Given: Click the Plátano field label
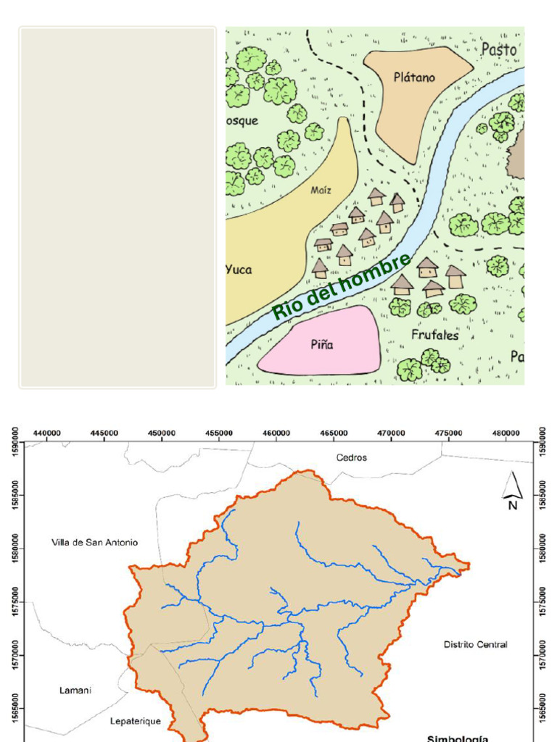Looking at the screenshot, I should click(414, 78).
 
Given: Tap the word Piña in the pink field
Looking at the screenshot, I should click(322, 345).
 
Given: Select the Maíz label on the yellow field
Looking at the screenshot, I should click(321, 191).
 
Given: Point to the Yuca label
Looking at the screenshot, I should click(239, 270).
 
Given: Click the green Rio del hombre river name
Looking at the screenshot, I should click(342, 287).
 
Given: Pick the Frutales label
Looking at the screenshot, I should click(435, 335).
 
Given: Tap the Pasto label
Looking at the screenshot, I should click(499, 50).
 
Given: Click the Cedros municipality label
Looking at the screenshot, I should click(352, 458).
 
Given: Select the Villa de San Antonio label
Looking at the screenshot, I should click(95, 543).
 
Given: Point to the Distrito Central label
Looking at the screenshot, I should click(476, 644).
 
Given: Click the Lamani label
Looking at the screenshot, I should click(75, 691).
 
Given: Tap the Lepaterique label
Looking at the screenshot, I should click(136, 721).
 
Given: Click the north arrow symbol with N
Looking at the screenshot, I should click(513, 491).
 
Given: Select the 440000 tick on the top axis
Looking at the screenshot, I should click(48, 433).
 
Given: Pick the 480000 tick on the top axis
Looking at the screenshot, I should click(506, 433).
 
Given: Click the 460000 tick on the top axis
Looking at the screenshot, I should click(276, 433).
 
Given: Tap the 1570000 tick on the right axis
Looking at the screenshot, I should click(544, 655).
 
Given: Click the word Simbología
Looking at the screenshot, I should click(458, 738).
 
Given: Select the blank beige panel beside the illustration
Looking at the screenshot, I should click(117, 207).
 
